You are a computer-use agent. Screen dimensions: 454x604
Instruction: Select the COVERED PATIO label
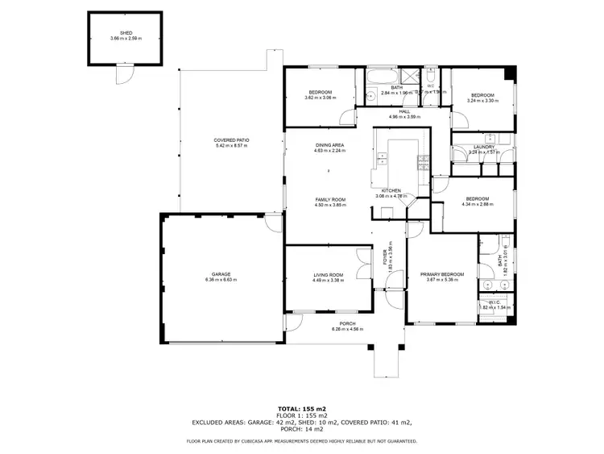pos(231,140)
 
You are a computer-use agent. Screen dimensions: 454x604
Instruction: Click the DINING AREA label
pos(329,144)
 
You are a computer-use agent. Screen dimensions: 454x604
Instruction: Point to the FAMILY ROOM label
pos(329,199)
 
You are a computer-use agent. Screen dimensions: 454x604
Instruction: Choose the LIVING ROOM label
pos(328,275)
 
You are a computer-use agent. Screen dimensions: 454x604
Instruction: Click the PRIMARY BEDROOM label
pos(442,275)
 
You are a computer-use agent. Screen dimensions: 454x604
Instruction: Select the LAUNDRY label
pos(483,146)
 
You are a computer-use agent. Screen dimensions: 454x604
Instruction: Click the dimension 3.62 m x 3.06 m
pos(320,98)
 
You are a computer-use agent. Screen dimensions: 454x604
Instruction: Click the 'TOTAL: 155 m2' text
pos(301,409)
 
